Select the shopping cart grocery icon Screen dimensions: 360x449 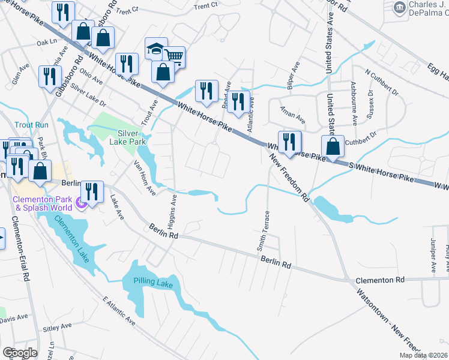coord(174,57)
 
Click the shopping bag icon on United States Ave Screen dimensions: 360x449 coord(332,146)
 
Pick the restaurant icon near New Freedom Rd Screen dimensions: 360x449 coord(290,142)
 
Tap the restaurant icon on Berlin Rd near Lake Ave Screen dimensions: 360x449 coord(92,191)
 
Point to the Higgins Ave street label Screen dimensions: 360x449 coord(173,212)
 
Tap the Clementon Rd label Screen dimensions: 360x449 coord(381,280)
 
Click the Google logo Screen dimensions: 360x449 coord(19,353)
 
